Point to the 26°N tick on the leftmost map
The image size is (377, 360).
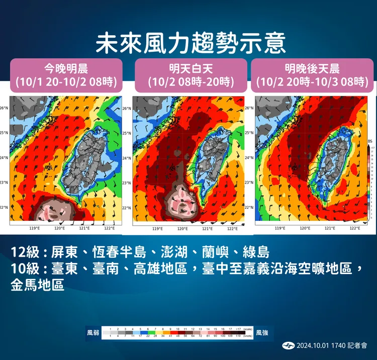point(4,108)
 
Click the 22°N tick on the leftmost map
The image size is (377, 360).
point(4,207)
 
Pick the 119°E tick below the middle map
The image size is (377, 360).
point(157,228)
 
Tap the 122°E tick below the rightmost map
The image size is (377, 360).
point(355,228)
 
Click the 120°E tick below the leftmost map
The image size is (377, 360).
point(59,228)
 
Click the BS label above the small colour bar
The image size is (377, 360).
point(370,142)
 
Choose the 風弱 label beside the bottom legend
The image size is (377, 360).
point(92,332)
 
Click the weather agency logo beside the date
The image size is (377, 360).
point(289,345)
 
